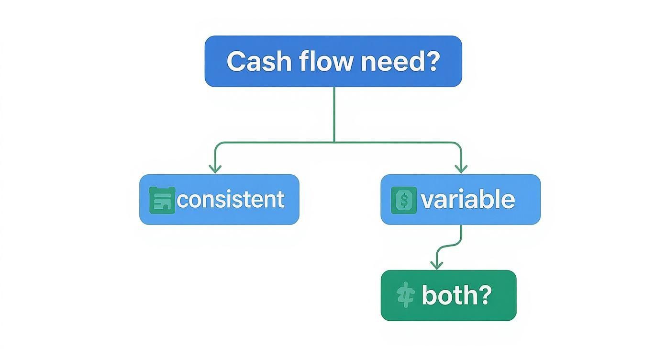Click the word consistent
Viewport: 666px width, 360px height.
(x=231, y=200)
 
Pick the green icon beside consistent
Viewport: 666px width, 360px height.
(x=162, y=200)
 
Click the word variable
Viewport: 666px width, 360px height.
(x=467, y=200)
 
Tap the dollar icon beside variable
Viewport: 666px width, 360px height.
(x=404, y=200)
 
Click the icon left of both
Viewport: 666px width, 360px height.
(x=405, y=295)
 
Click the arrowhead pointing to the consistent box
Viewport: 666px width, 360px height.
(x=215, y=169)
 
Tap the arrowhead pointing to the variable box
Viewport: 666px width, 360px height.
(x=461, y=169)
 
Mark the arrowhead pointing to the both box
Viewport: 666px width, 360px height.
(x=436, y=265)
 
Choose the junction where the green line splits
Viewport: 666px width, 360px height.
(x=334, y=142)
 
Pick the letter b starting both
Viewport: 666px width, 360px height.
(x=428, y=295)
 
